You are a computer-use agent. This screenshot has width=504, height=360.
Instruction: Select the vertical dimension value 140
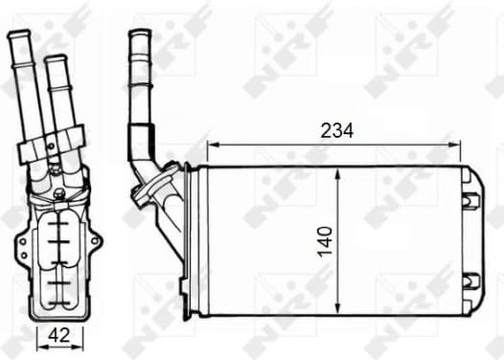(x=325, y=240)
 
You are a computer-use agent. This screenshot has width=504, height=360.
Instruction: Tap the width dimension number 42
(x=58, y=334)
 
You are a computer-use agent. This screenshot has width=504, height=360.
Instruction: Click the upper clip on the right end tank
(x=470, y=200)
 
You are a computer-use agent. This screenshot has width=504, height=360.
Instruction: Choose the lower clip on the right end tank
(x=470, y=281)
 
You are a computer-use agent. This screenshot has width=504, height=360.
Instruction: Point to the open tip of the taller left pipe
(x=18, y=36)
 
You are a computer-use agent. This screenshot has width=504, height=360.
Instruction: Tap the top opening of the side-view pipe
(x=139, y=34)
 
